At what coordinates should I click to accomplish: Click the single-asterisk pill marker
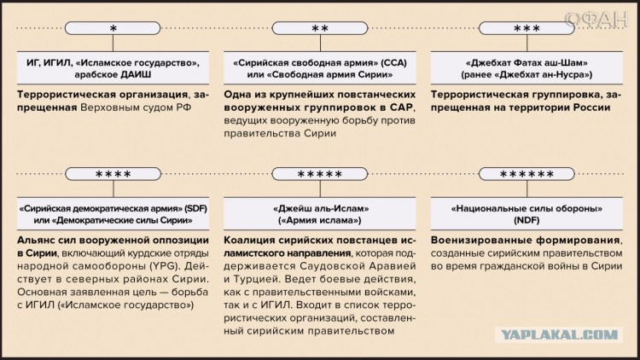113,28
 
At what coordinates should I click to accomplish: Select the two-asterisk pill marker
320,28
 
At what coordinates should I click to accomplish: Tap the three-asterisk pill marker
527,28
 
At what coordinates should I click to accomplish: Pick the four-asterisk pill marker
113,174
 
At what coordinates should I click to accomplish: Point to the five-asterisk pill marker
320,174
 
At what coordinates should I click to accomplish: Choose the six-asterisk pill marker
527,174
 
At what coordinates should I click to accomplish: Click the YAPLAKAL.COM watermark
559,335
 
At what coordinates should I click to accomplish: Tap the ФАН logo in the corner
596,19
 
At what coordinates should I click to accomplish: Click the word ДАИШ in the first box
136,75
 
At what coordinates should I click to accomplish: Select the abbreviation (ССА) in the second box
394,63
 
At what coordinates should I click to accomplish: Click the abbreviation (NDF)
527,220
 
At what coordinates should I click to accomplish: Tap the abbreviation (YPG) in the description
164,266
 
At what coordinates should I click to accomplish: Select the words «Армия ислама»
320,220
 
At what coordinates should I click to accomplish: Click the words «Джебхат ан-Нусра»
538,75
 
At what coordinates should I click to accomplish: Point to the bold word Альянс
37,240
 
